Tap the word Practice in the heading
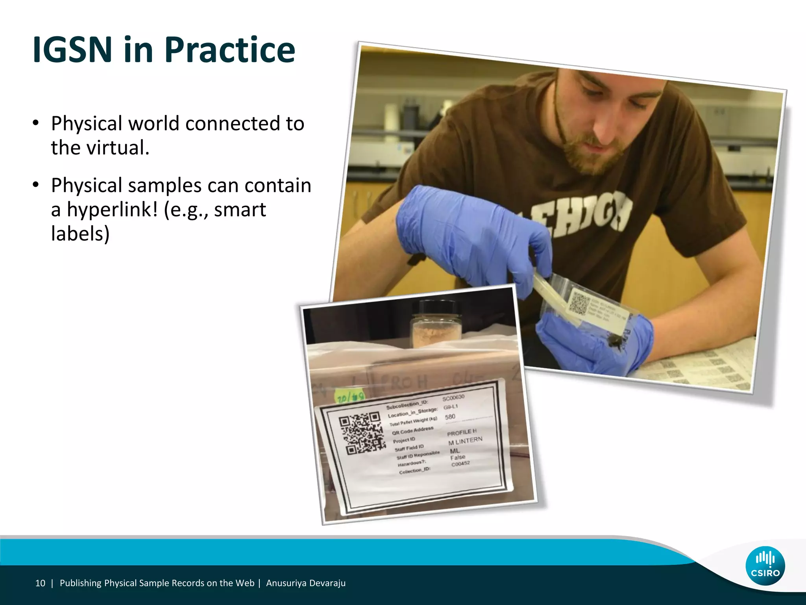click(x=229, y=50)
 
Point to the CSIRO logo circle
click(x=765, y=566)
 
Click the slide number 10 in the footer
click(x=40, y=583)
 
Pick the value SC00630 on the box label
click(x=453, y=397)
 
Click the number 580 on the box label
click(x=450, y=417)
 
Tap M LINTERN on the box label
click(x=465, y=441)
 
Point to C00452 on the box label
click(x=460, y=464)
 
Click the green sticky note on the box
click(x=349, y=397)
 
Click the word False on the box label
click(x=458, y=457)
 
